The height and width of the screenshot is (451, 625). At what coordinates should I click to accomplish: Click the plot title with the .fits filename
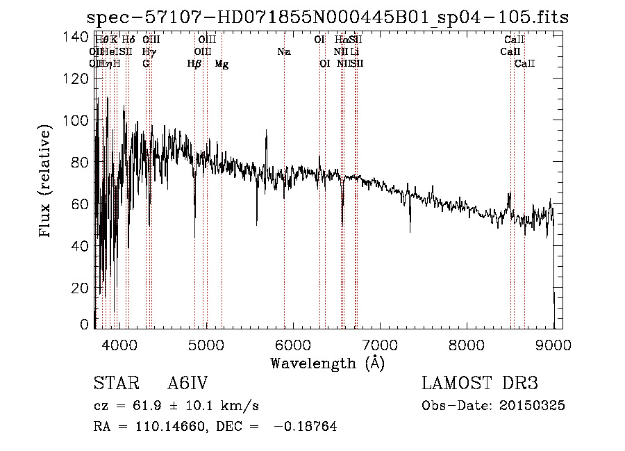327,17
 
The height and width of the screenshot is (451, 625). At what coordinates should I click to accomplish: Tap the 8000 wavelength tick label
467,344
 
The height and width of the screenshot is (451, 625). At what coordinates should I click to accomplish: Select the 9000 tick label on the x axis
553,344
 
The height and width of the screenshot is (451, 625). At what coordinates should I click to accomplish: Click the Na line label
283,52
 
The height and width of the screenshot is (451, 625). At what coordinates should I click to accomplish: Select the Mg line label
222,64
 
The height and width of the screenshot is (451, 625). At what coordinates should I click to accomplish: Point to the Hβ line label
194,64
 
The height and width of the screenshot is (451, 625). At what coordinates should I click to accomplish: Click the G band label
146,64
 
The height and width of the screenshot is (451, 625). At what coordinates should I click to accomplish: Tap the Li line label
355,52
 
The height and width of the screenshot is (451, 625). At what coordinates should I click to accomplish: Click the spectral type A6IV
188,384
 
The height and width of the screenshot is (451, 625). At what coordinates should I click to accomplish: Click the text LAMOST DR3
480,384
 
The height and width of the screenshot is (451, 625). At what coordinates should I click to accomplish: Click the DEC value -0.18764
305,427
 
